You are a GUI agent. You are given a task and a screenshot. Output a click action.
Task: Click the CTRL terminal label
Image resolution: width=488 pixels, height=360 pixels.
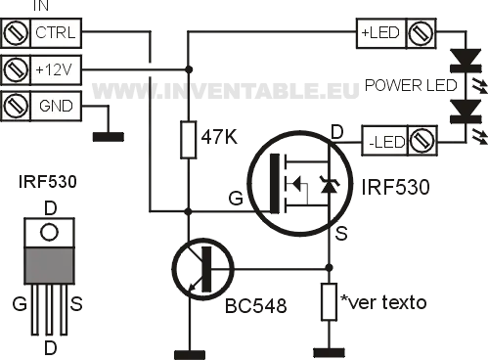click(56, 33)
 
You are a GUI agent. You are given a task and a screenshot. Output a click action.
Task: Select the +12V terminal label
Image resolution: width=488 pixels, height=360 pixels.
click(56, 69)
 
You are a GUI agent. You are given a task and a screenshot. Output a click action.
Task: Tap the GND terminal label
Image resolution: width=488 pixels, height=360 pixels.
click(56, 106)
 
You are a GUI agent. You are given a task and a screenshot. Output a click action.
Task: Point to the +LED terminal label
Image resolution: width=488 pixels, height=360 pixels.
click(379, 33)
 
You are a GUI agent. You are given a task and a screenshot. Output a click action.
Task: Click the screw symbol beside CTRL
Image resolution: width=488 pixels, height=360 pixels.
click(15, 33)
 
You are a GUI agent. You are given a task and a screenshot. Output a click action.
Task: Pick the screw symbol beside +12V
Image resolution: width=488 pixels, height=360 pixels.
click(15, 69)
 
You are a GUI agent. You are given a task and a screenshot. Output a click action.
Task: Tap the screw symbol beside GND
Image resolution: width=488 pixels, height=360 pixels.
click(15, 106)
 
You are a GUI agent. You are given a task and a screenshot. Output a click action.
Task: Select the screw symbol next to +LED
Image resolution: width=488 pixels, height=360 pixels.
click(421, 33)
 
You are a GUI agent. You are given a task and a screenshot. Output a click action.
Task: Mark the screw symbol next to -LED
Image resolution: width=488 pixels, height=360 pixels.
click(421, 142)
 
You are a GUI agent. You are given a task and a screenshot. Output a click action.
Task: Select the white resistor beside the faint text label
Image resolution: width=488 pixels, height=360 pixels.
click(330, 301)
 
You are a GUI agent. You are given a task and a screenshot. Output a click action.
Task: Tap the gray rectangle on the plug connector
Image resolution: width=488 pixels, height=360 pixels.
click(49, 265)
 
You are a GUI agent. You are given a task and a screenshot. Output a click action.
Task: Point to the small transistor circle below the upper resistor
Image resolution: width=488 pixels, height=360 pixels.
click(198, 269)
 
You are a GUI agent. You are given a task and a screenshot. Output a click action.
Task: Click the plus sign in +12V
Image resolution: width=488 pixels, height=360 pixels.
click(39, 69)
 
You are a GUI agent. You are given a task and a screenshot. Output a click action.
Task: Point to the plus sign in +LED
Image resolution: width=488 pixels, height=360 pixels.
click(365, 33)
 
